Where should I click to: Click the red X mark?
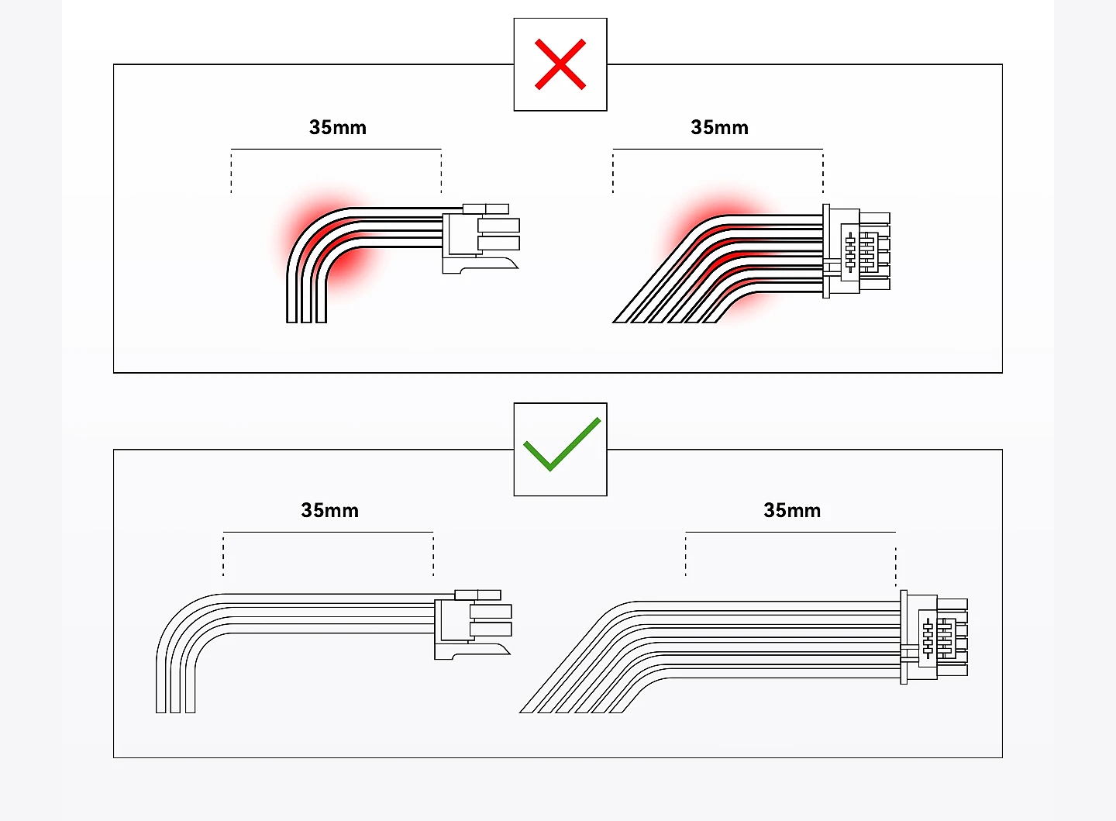(560, 64)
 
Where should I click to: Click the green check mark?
(561, 445)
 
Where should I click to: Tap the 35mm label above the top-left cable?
(337, 127)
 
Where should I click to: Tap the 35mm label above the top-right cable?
(719, 127)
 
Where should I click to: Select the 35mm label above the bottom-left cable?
(329, 510)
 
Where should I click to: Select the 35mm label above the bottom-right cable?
(791, 510)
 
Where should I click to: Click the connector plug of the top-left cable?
(480, 236)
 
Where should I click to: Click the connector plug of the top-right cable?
(856, 251)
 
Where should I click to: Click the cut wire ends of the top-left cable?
(307, 318)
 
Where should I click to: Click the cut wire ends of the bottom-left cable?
(176, 708)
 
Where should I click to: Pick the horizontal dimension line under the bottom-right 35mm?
(790, 533)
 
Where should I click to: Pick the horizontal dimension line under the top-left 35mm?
(336, 149)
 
